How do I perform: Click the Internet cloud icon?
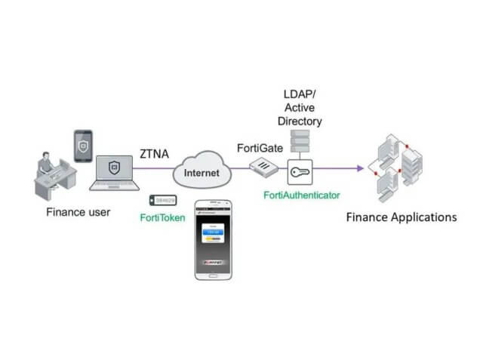(202, 173)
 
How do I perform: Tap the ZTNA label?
(153, 155)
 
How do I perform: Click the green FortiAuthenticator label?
(302, 195)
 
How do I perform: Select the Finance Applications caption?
(401, 217)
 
